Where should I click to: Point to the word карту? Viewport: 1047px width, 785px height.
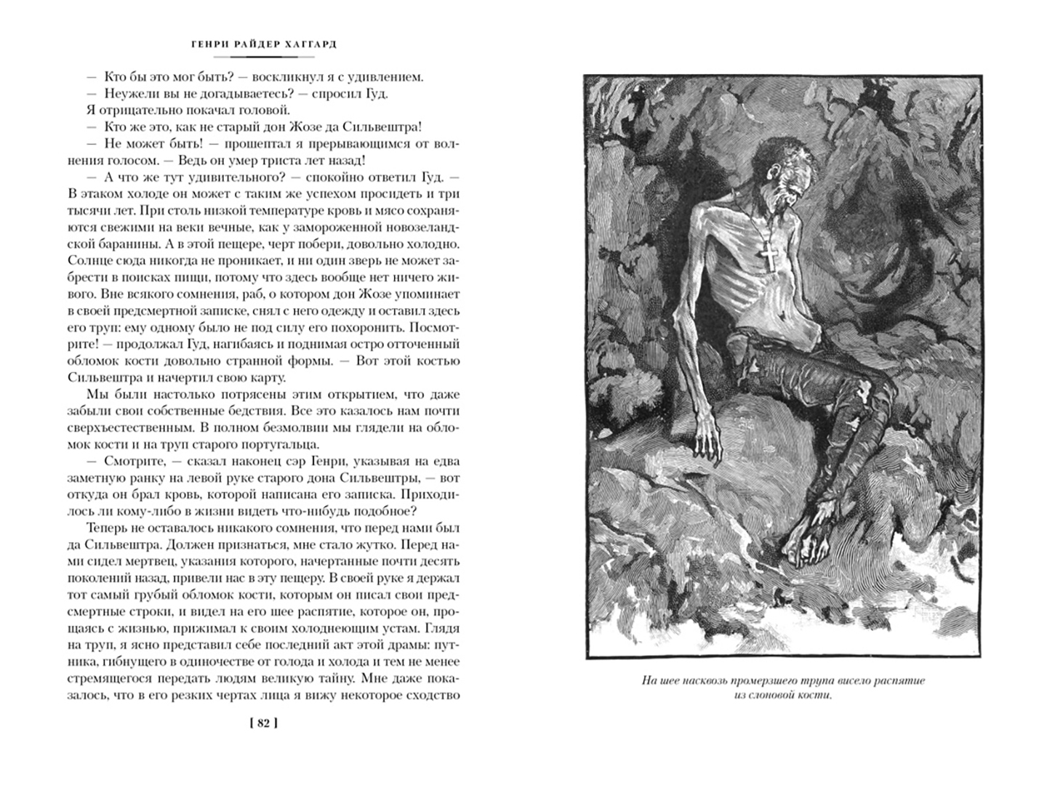[x=268, y=378]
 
